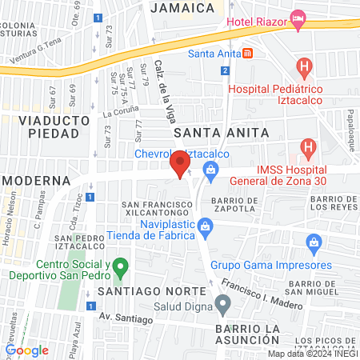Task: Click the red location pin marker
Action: [x=180, y=165]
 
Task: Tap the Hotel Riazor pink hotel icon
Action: [x=298, y=19]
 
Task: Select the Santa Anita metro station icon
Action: [x=247, y=54]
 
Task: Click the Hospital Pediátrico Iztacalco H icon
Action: [x=303, y=66]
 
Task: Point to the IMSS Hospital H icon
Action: [x=307, y=147]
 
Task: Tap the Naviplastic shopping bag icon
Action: [x=206, y=226]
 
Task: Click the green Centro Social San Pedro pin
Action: [x=119, y=266]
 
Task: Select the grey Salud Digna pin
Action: [x=223, y=303]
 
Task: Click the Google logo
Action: [x=27, y=350]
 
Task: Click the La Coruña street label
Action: [x=120, y=114]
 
